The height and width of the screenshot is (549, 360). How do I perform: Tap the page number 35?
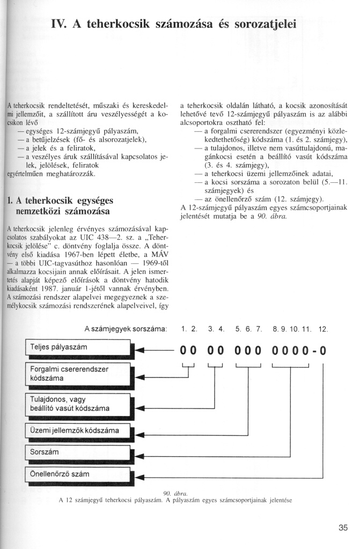pos(343,528)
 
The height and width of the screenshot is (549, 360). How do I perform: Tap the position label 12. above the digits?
pos(323,328)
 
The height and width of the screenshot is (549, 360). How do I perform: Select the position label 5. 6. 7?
pos(247,328)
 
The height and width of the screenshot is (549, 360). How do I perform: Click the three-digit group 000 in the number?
pos(247,351)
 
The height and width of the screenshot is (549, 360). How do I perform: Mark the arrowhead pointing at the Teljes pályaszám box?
pos(139,351)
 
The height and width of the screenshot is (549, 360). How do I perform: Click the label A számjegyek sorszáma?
pos(126,328)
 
